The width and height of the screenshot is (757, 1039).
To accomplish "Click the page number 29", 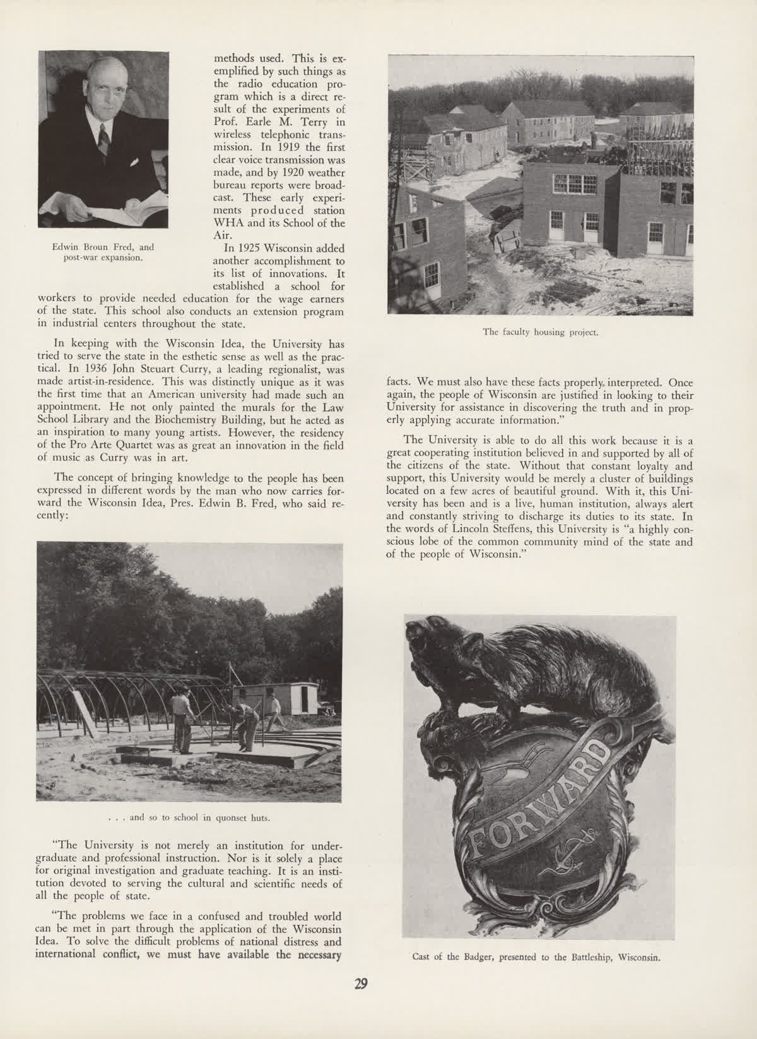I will (361, 985).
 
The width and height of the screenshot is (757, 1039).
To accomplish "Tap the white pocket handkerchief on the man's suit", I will (134, 162).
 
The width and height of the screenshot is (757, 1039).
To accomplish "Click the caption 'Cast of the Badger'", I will (536, 956).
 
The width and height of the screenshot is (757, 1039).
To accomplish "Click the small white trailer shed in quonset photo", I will (296, 698).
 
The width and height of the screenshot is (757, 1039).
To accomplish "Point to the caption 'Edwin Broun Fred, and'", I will (103, 247).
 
